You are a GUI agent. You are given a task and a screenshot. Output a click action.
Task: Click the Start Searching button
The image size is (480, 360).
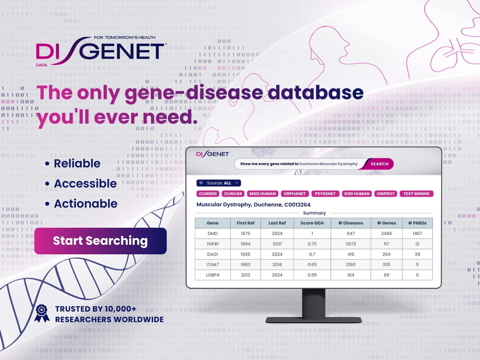[100, 241]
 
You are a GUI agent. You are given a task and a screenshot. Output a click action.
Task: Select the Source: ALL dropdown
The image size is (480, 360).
[219, 183]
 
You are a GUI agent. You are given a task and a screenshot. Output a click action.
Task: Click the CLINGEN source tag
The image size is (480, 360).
[208, 194]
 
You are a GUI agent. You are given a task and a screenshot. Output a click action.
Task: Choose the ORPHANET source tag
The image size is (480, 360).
[295, 194]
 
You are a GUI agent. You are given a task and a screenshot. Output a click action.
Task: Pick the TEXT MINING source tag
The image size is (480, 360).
[416, 194]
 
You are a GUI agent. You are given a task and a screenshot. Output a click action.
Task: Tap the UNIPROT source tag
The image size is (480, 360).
[386, 194]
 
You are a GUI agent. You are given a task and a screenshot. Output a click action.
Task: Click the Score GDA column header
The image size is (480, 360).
[312, 223]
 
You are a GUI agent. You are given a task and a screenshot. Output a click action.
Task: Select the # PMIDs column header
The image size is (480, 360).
[417, 223]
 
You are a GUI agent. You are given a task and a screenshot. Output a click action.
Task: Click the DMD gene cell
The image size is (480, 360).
[212, 234]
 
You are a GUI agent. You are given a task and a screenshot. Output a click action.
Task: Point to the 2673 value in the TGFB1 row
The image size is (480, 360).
[350, 244]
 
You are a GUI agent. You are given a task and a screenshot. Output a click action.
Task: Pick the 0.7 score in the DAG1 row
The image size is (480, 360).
[312, 254]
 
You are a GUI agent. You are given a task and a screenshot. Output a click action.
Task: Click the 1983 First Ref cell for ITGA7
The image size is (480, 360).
[245, 265]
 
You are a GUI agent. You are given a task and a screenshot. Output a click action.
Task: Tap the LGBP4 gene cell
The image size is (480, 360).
[212, 275]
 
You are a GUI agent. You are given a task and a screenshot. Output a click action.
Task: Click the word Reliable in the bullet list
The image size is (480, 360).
[77, 164]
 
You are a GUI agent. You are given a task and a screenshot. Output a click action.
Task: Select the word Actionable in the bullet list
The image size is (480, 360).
[86, 204]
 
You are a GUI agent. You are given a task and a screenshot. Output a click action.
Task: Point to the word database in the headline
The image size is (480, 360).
[316, 93]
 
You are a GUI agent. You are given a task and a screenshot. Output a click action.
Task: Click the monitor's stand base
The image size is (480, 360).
[314, 320]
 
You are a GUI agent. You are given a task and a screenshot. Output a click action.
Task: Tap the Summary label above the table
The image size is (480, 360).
[314, 213]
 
